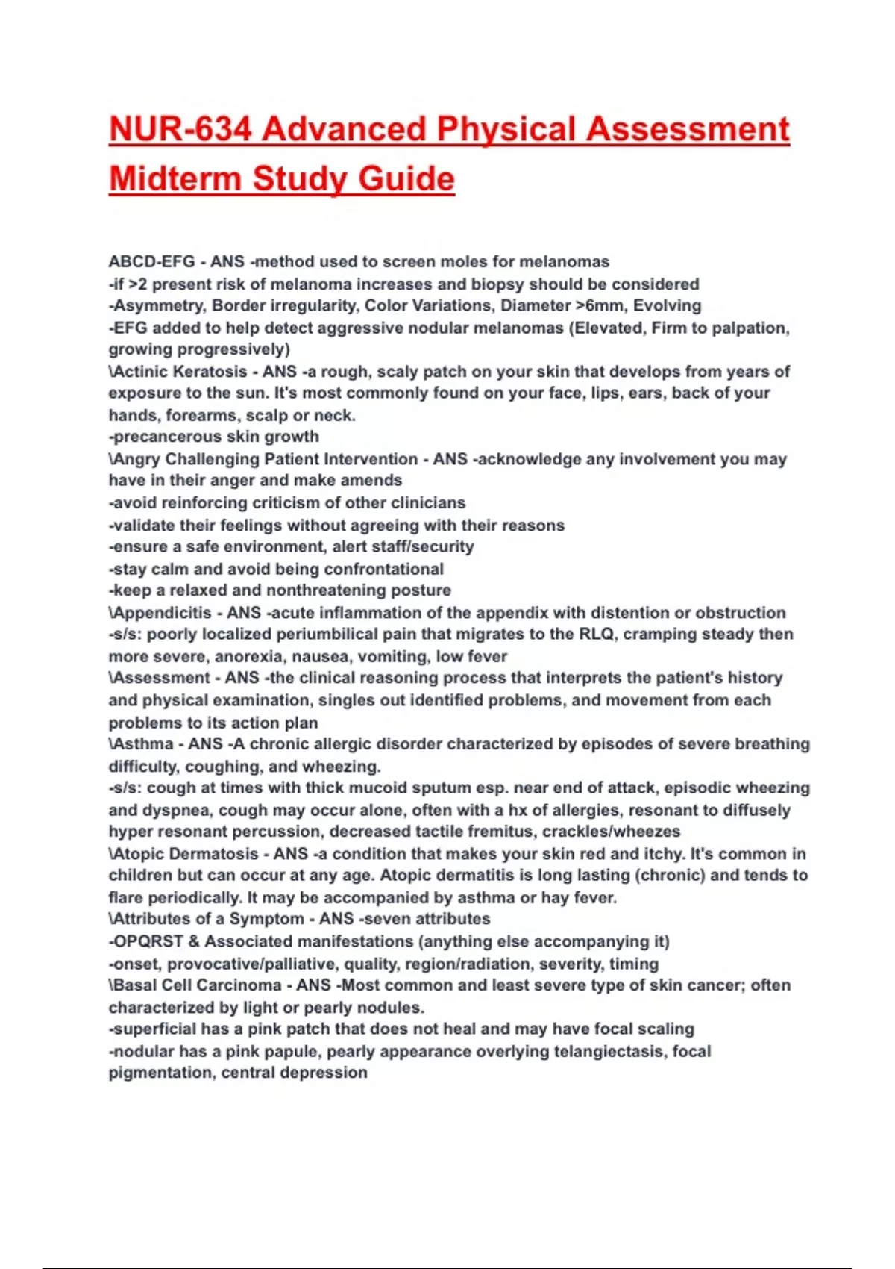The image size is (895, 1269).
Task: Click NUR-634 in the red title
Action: click(x=180, y=130)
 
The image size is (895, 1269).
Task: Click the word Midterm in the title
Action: click(x=176, y=180)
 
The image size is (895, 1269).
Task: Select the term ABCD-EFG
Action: click(x=151, y=262)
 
